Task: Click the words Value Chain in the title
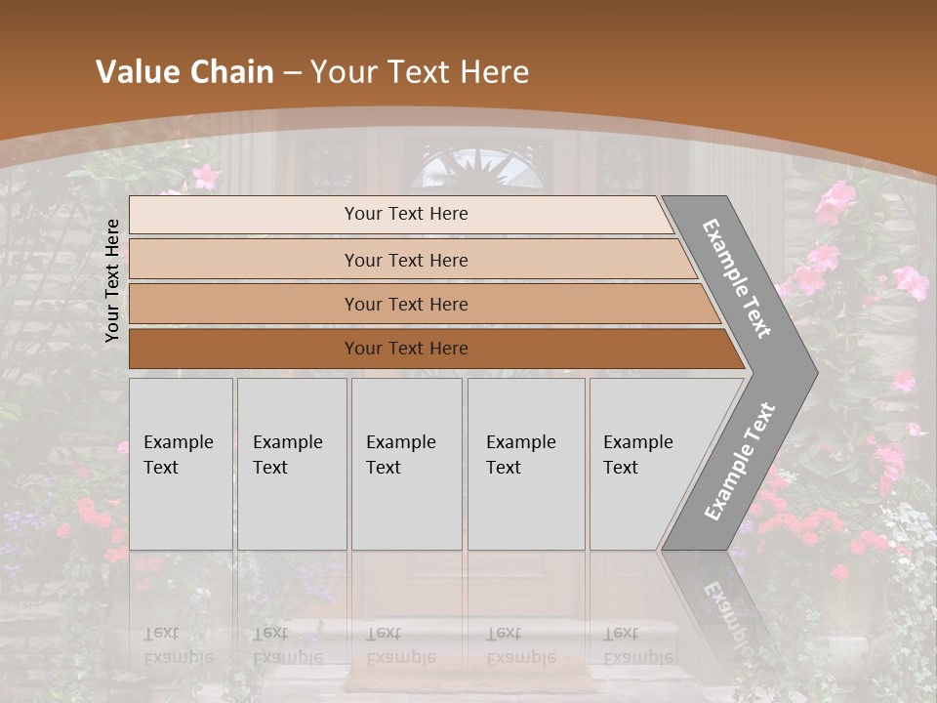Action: [x=184, y=72]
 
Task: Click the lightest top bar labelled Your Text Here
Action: [x=400, y=214]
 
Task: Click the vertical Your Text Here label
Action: [x=112, y=280]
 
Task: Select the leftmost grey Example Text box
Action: [x=181, y=464]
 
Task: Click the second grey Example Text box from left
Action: [x=291, y=464]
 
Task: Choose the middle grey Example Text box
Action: [x=406, y=464]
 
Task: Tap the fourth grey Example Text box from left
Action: [x=525, y=464]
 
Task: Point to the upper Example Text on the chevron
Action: [x=737, y=278]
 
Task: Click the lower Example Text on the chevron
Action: [x=740, y=461]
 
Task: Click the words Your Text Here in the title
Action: [x=420, y=72]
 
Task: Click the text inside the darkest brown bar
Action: [x=406, y=349]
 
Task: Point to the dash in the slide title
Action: [x=292, y=72]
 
